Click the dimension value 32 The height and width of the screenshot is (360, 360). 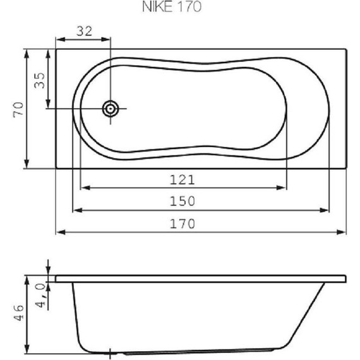[x=84, y=30]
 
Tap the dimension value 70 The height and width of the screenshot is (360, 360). [x=18, y=109]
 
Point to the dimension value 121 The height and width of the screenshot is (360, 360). [x=182, y=179]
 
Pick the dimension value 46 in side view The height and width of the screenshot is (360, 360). [x=18, y=313]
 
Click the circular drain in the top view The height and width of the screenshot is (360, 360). [x=111, y=109]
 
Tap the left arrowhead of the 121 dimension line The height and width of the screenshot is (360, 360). [x=85, y=188]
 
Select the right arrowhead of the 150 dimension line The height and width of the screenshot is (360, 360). [x=326, y=210]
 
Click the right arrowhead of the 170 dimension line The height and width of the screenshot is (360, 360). [x=342, y=232]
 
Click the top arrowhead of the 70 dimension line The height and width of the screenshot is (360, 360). [x=27, y=53]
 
